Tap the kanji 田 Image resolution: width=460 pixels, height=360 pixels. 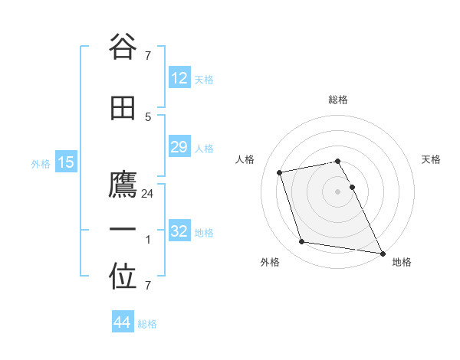click(123, 108)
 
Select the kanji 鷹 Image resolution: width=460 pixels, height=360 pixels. click(123, 186)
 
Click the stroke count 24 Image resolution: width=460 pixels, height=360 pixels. click(148, 194)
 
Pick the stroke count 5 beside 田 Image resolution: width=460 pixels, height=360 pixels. click(148, 116)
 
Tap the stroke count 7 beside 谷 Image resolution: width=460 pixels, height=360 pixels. click(148, 55)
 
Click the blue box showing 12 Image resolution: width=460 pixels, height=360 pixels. click(179, 78)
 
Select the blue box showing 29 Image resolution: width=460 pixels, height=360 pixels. click(179, 147)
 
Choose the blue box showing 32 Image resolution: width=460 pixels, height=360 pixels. click(179, 231)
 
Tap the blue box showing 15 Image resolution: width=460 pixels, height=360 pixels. click(65, 162)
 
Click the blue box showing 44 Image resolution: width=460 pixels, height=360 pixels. click(122, 322)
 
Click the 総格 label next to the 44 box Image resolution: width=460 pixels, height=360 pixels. click(147, 324)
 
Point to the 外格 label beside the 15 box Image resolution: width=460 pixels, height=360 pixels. click(41, 163)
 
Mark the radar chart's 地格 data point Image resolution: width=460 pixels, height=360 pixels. click(382, 252)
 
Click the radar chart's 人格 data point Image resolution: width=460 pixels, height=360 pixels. click(280, 172)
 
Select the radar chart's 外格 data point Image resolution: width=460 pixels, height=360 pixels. click(302, 242)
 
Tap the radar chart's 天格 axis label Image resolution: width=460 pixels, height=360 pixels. click(431, 159)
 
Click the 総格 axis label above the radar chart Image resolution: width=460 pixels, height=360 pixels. click(337, 100)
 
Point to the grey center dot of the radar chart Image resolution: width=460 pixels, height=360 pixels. click(337, 191)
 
